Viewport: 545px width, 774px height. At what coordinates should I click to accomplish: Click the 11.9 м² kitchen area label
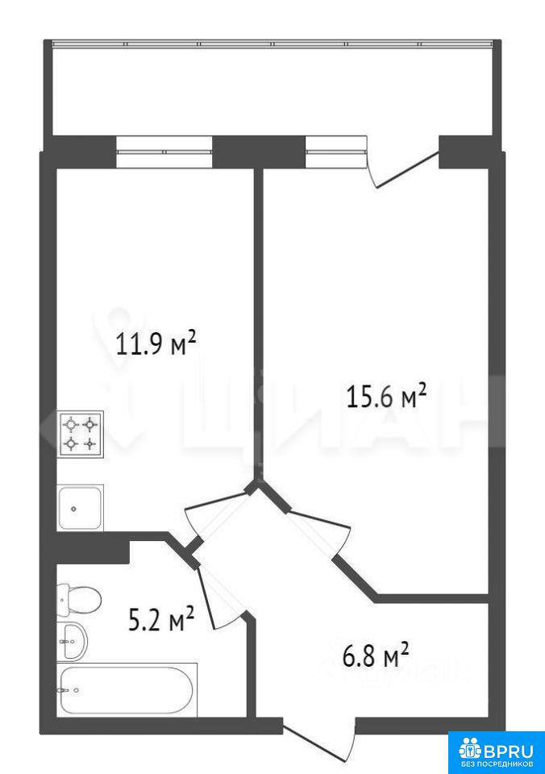[x=156, y=343]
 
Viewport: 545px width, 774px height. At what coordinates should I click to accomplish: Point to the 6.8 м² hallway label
[x=376, y=655]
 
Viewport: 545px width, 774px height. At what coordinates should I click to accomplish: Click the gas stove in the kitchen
[x=81, y=434]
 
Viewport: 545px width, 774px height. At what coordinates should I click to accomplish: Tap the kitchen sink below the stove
[x=81, y=507]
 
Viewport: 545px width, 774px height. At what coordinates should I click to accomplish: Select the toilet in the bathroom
[x=79, y=600]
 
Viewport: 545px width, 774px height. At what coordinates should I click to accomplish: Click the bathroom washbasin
[x=72, y=641]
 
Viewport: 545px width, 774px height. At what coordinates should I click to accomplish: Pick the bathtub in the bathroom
[x=127, y=689]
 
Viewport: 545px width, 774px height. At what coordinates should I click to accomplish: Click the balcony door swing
[x=402, y=170]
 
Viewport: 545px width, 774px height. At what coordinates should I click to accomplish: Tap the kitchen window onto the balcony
[x=164, y=152]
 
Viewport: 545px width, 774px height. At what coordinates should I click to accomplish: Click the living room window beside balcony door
[x=336, y=152]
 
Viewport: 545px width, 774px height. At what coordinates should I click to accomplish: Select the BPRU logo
[x=496, y=751]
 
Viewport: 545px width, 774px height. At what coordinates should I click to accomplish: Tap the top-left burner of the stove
[x=72, y=424]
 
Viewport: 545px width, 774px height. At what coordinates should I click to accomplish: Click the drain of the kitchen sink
[x=73, y=509]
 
